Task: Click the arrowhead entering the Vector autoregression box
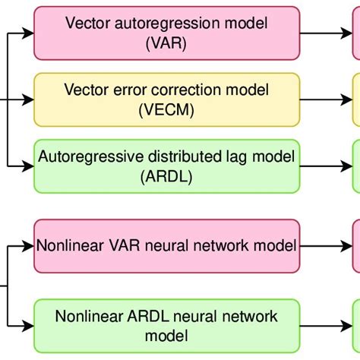coord(30,34)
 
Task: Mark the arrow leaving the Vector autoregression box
coord(327,34)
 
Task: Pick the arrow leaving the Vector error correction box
coord(327,100)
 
